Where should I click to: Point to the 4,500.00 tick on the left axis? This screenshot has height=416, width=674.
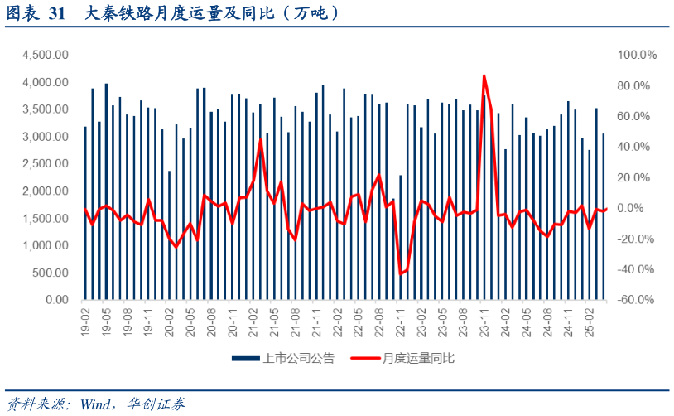tap(46, 55)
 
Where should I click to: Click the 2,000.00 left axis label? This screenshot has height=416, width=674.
tap(46, 191)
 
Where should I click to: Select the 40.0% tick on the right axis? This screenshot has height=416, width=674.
tap(638, 147)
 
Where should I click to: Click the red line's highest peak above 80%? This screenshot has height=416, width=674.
tap(484, 76)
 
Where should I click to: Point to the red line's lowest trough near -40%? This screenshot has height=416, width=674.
tap(400, 273)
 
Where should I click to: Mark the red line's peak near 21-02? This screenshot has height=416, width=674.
tap(260, 140)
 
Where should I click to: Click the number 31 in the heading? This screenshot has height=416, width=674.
tap(57, 14)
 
